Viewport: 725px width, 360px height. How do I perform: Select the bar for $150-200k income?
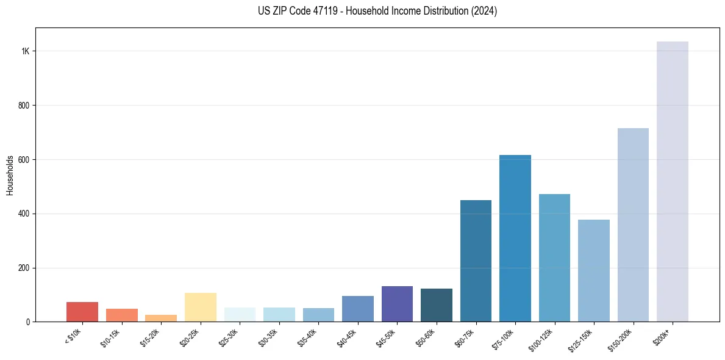tap(633, 225)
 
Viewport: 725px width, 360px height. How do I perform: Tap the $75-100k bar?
tap(515, 239)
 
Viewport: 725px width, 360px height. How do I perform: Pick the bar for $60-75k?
tap(476, 261)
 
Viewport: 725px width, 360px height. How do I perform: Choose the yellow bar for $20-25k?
tap(201, 308)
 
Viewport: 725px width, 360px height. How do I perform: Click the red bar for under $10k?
tap(82, 312)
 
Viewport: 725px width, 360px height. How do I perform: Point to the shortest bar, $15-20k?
tap(161, 319)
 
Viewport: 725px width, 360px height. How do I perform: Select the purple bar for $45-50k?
tap(397, 304)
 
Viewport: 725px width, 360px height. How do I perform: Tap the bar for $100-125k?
tap(554, 258)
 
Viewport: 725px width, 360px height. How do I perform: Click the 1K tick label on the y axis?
tap(25, 51)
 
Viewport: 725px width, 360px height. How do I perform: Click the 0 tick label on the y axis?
tap(28, 322)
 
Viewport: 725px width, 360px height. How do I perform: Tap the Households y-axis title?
tap(10, 175)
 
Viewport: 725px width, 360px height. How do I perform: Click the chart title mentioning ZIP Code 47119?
tap(377, 12)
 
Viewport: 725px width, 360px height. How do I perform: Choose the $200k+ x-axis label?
tap(663, 336)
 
